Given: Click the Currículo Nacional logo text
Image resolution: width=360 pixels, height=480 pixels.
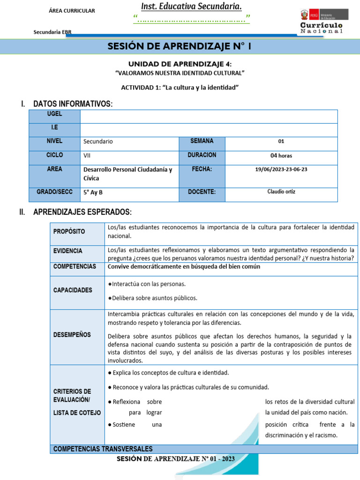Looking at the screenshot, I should click(321, 28).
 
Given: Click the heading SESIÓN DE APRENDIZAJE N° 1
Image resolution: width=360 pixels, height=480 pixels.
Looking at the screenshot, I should click(180, 47).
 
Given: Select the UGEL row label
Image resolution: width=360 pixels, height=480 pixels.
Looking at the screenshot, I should click(54, 114).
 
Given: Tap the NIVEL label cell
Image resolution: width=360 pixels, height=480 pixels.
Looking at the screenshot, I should click(54, 141).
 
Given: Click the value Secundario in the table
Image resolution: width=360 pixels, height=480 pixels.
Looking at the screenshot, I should click(98, 142).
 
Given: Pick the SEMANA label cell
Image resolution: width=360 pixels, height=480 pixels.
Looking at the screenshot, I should click(202, 141).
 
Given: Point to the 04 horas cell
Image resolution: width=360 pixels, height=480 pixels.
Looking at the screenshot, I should click(281, 156).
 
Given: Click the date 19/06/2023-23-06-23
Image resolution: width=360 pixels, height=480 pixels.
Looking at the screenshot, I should click(281, 170).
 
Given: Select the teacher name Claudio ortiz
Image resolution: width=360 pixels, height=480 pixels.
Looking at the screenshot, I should click(281, 192).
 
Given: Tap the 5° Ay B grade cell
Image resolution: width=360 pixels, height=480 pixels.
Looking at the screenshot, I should click(93, 192).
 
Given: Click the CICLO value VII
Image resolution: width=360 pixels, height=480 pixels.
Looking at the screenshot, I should click(87, 156).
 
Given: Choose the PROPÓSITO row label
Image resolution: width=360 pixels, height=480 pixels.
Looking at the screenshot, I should click(69, 232).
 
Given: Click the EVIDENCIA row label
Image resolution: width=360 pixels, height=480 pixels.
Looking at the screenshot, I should click(68, 251).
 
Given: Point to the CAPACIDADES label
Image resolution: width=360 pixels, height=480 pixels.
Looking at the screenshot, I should click(73, 290).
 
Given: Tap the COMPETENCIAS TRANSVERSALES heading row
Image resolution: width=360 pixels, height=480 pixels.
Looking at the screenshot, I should click(103, 449).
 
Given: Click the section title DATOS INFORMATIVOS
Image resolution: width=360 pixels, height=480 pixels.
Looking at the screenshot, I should click(73, 104).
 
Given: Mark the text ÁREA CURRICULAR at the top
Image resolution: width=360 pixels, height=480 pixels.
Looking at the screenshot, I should click(72, 11).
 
